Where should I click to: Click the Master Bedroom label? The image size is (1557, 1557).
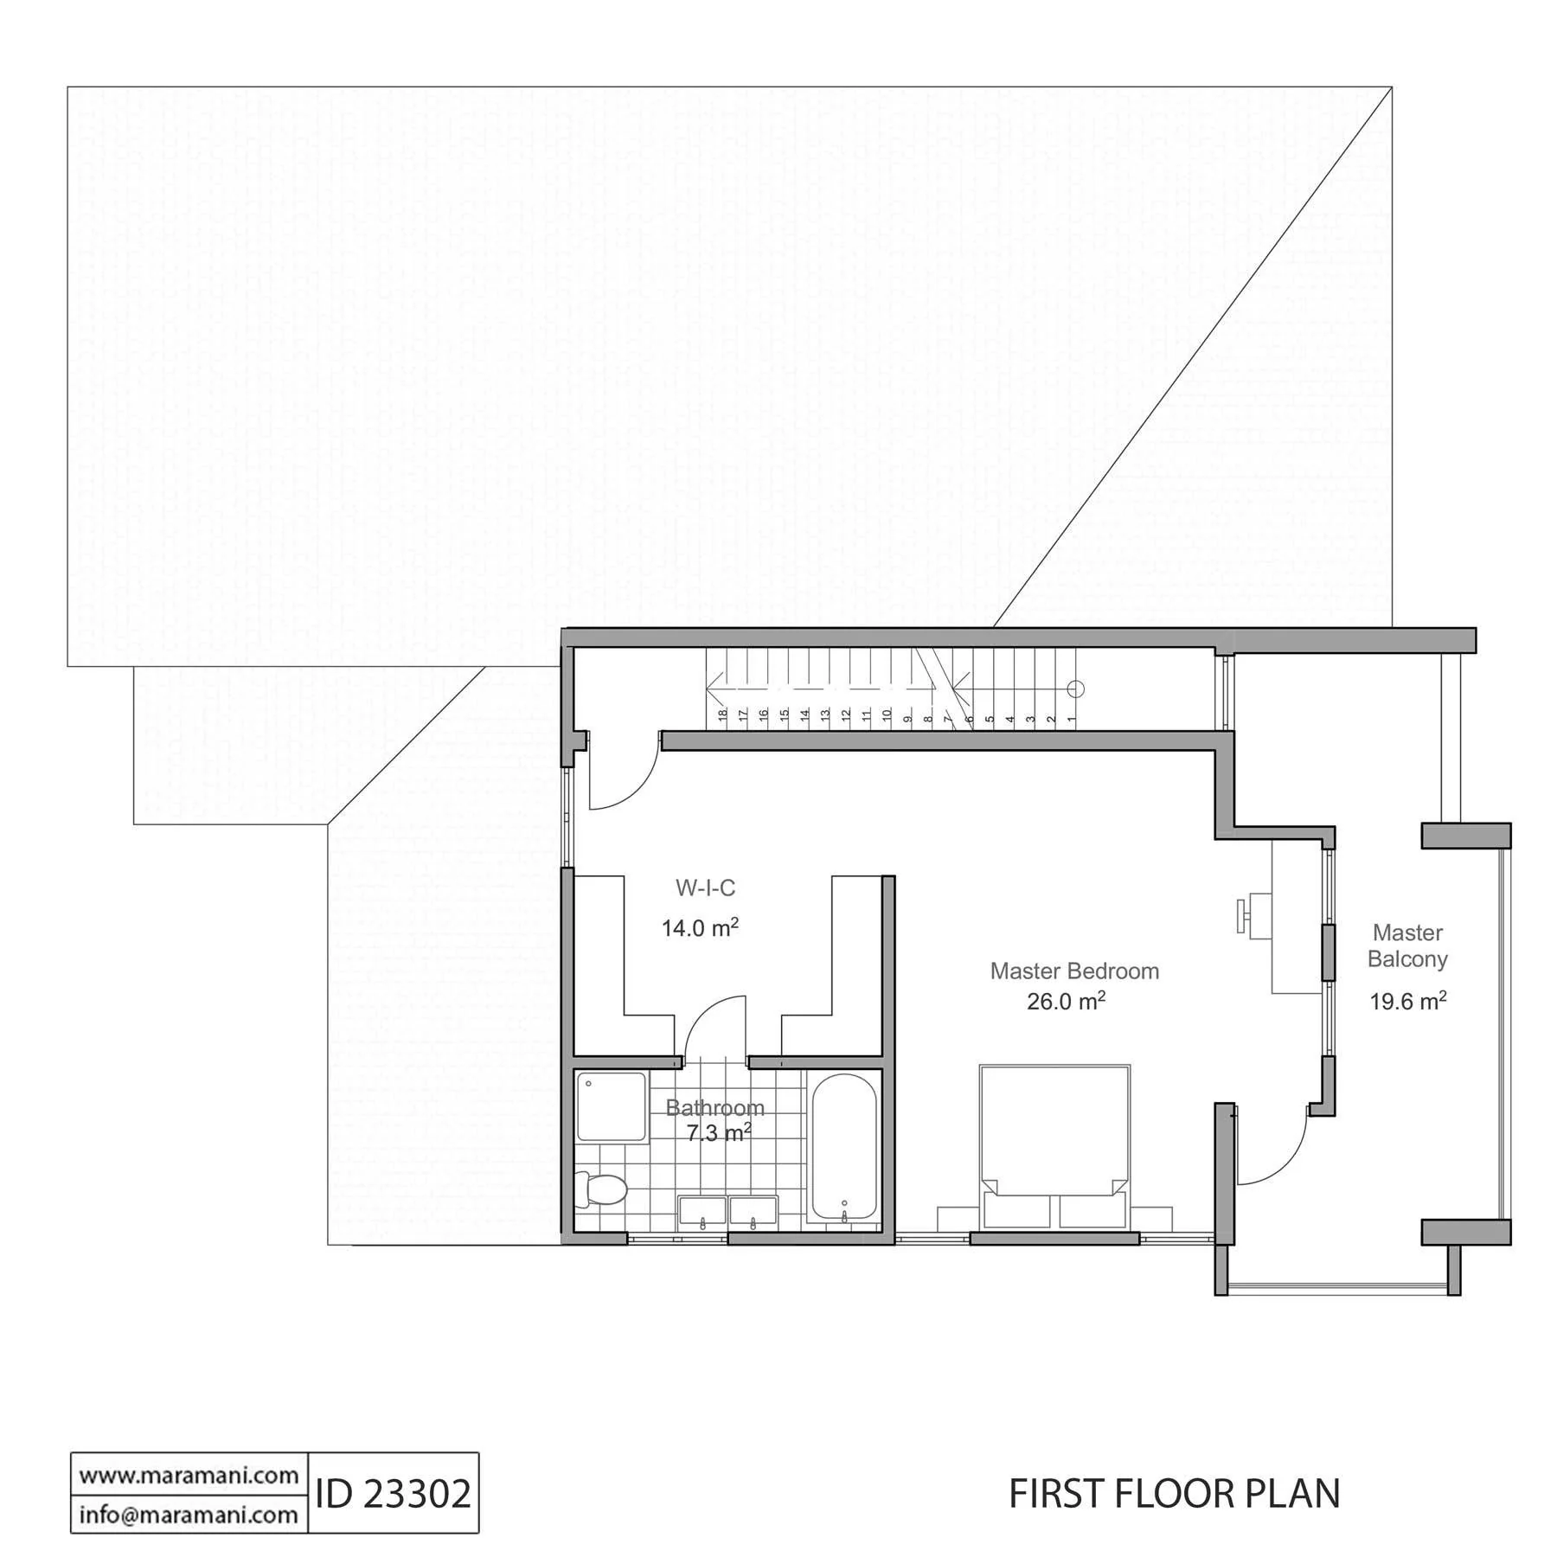tap(1074, 971)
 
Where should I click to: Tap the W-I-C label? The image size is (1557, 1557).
tap(705, 887)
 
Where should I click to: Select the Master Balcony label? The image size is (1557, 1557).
tap(1407, 945)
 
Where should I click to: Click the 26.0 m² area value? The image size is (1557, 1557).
tap(1066, 1001)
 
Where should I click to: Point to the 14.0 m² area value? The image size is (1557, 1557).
tap(700, 927)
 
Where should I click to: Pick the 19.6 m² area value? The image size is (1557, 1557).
tap(1408, 1001)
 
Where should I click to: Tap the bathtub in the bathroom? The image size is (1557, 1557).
tap(843, 1147)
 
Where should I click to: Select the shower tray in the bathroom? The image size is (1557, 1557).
tap(612, 1107)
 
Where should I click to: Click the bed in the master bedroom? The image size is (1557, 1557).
tap(1054, 1146)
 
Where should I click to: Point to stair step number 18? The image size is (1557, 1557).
tap(722, 715)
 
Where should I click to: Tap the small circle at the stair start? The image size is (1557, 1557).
tap(1075, 689)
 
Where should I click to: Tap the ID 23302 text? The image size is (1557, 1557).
tap(394, 1493)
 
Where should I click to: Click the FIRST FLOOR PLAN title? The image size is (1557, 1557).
tap(1175, 1494)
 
